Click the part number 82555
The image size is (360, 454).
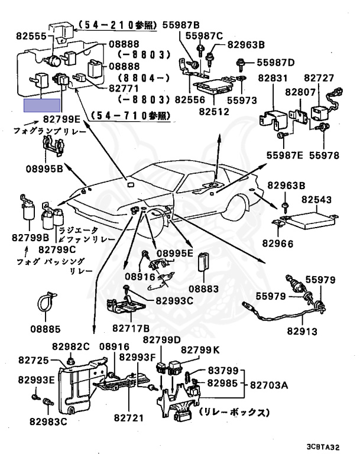pyautogui.click(x=31, y=36)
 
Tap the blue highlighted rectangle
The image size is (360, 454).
pyautogui.click(x=42, y=105)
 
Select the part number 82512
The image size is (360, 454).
pyautogui.click(x=214, y=112)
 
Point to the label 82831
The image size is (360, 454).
pyautogui.click(x=273, y=78)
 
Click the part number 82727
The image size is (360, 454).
pyautogui.click(x=319, y=78)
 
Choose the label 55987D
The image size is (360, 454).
pyautogui.click(x=275, y=63)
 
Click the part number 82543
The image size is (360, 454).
pyautogui.click(x=317, y=199)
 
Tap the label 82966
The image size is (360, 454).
pyautogui.click(x=278, y=244)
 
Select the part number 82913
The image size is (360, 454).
pyautogui.click(x=302, y=331)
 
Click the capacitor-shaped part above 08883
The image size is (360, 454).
pyautogui.click(x=204, y=262)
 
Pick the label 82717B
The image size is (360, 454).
pyautogui.click(x=131, y=328)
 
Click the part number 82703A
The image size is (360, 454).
pyautogui.click(x=269, y=385)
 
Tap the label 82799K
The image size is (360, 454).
pyautogui.click(x=200, y=350)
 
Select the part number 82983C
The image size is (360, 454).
pyautogui.click(x=48, y=421)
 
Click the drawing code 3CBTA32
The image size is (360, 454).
pyautogui.click(x=323, y=447)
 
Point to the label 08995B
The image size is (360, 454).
pyautogui.click(x=44, y=169)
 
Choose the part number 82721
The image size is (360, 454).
pyautogui.click(x=129, y=418)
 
